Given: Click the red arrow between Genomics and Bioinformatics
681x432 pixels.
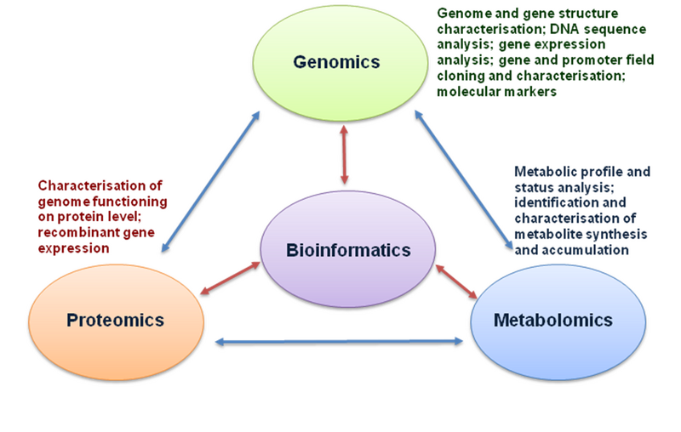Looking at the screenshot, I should click(344, 156).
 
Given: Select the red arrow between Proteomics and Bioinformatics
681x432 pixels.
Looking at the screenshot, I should click(230, 280).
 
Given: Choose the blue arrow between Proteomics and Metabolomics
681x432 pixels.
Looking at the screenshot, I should click(340, 342).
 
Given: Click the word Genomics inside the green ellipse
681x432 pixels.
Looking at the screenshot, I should click(336, 62).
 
